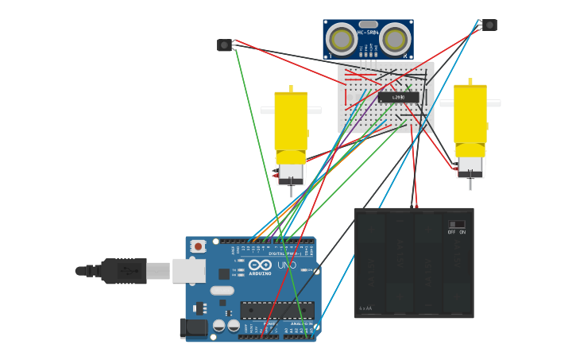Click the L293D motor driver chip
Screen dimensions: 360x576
(x=398, y=97)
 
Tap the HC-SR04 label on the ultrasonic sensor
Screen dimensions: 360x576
(x=368, y=33)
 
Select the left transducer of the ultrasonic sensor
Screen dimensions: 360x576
(x=342, y=38)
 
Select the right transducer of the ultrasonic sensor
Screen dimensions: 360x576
(x=395, y=38)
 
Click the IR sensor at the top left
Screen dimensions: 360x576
(x=225, y=45)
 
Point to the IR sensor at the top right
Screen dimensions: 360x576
(x=489, y=25)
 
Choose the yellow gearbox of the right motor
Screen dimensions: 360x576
(x=470, y=115)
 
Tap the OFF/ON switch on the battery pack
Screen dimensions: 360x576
(x=456, y=225)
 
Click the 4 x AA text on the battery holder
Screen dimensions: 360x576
(x=365, y=308)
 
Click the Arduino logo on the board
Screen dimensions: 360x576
(x=260, y=265)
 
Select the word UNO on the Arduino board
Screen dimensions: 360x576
(x=287, y=265)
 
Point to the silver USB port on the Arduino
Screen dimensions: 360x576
(x=188, y=271)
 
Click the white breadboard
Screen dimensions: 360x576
(x=386, y=97)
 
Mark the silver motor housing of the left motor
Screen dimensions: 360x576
(x=291, y=172)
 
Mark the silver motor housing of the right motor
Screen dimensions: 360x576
(x=470, y=165)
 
